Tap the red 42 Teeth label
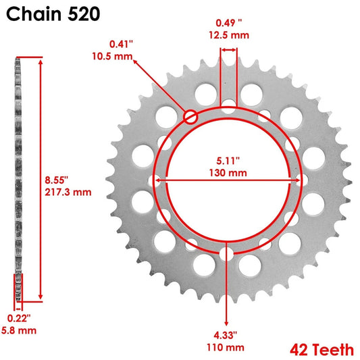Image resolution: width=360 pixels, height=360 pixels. pos(322,349)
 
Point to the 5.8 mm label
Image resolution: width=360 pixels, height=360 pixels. pos(18,330)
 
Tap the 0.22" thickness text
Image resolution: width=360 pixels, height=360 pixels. pos(18,318)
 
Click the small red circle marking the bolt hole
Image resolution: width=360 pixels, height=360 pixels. pos(190,117)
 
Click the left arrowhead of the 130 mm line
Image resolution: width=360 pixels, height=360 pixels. pos(158,180)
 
